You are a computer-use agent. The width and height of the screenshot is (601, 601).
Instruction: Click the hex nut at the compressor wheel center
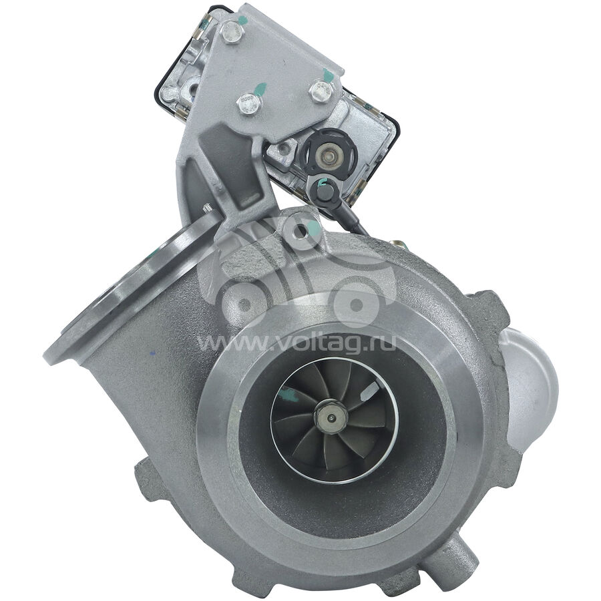pos(331,417)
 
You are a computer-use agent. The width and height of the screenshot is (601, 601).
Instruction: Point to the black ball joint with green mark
pos(323,190)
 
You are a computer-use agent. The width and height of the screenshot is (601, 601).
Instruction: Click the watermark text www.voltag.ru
pos(296,342)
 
